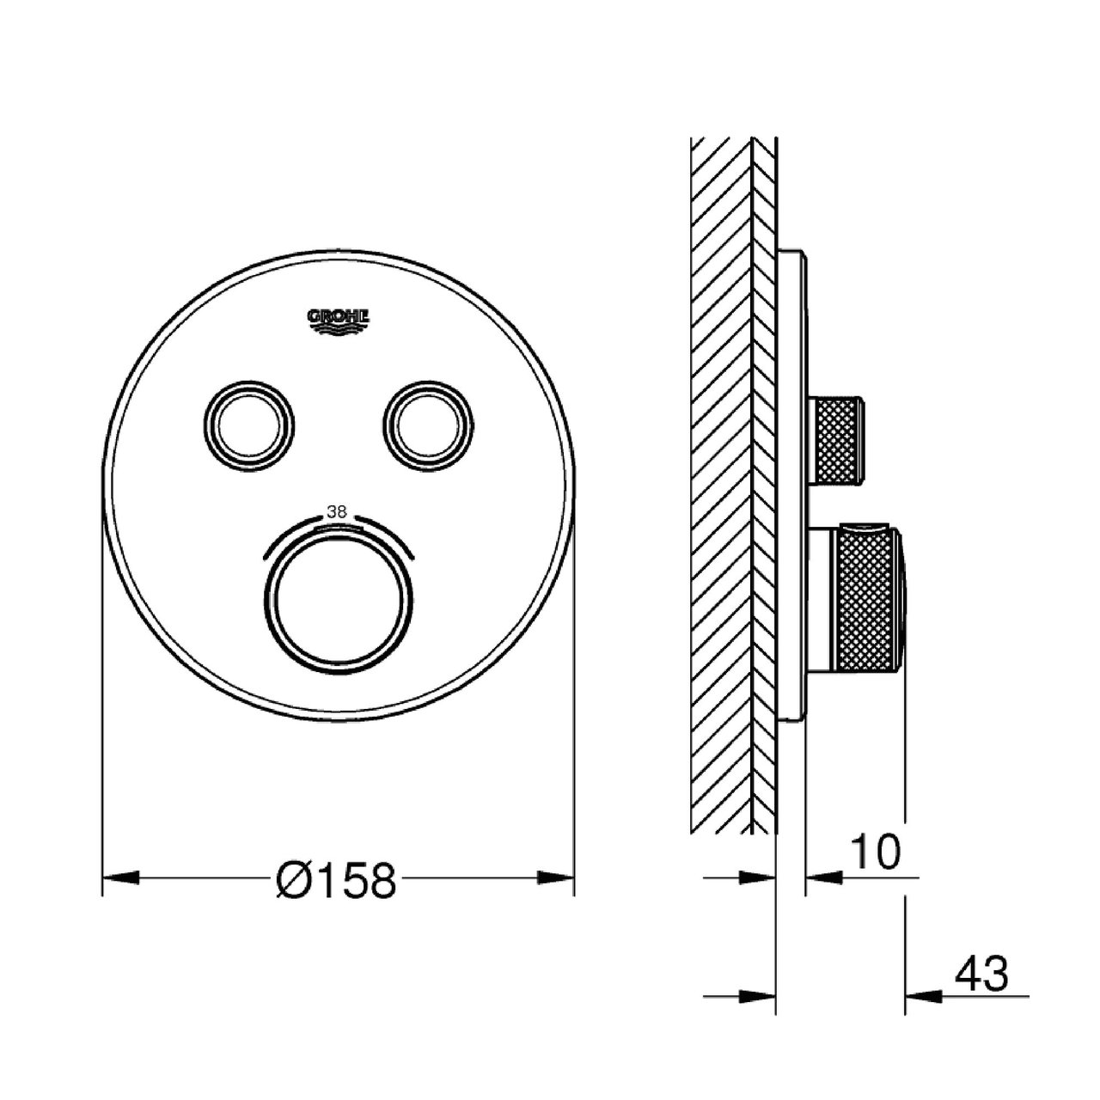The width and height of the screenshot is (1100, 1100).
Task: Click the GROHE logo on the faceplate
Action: coord(339,321)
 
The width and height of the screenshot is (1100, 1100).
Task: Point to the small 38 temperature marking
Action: coord(336,512)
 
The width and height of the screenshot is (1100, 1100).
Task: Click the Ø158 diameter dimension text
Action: coord(336,880)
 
